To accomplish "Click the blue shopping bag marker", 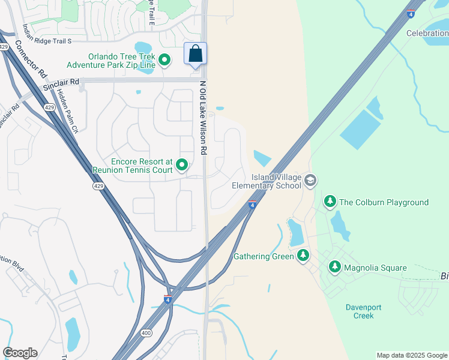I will [196, 54].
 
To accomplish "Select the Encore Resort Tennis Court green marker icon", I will [182, 164].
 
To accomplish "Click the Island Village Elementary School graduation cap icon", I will [310, 181].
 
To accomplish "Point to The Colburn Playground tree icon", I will [330, 202].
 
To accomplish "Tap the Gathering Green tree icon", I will [303, 256].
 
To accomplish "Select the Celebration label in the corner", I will [427, 33].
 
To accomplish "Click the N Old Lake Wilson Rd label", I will [203, 119].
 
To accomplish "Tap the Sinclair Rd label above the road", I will [61, 85].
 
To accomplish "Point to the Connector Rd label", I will [31, 61].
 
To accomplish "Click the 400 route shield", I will [146, 332].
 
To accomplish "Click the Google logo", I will [20, 353].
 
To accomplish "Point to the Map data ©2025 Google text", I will [412, 355].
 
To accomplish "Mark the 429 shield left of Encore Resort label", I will [98, 187].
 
